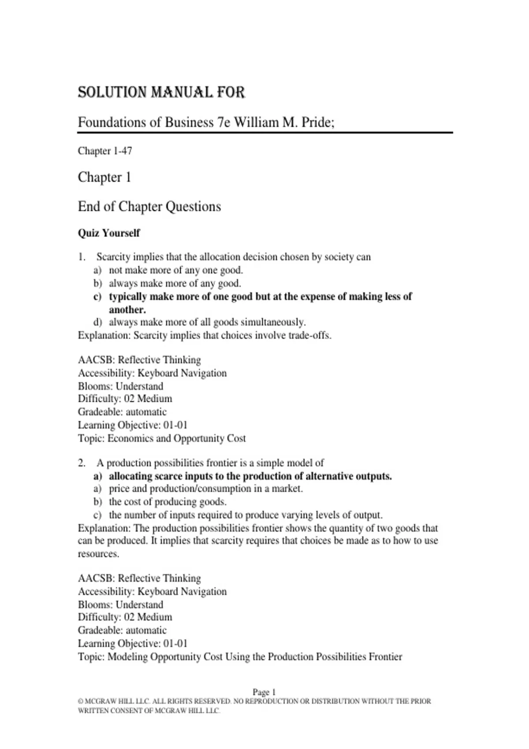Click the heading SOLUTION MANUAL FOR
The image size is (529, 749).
tap(161, 93)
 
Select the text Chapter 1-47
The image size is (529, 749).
tap(105, 151)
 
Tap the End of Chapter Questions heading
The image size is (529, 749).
tap(149, 206)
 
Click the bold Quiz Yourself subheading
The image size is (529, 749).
tap(109, 233)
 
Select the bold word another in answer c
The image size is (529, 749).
tap(127, 309)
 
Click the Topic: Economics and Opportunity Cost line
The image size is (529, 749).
tap(162, 438)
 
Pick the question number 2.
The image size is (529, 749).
tap(82, 463)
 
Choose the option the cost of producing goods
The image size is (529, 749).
tap(168, 502)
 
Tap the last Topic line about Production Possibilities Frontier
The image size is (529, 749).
tap(240, 657)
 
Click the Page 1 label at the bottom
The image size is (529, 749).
tap(264, 692)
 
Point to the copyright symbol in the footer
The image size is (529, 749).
tap(80, 701)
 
